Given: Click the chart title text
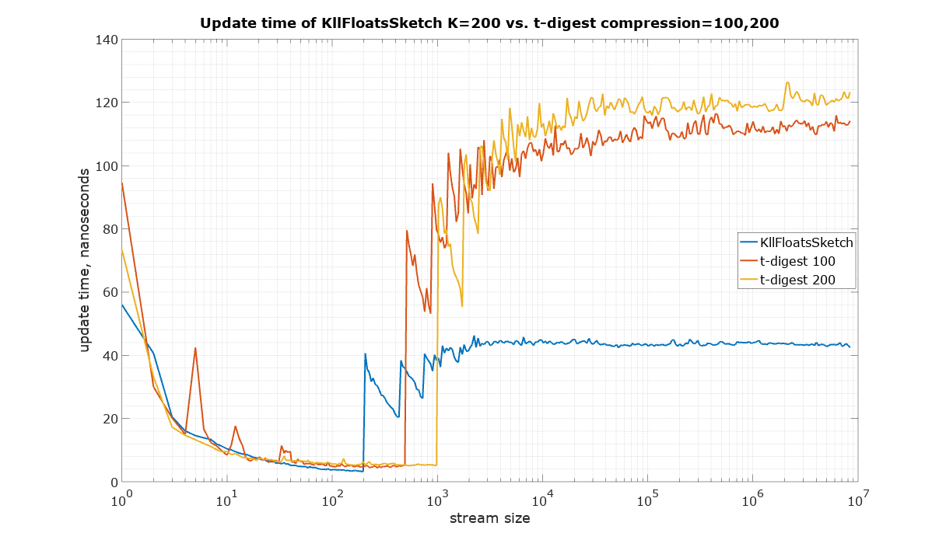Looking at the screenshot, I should click(489, 23).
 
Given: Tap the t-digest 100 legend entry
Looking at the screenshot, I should click(797, 261).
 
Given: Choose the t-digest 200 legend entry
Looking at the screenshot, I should click(797, 280).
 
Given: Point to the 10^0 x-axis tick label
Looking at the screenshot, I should click(122, 498).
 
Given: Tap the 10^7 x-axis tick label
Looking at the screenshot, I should click(858, 498).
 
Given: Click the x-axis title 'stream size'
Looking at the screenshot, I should click(489, 518).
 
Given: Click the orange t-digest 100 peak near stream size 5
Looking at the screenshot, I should click(195, 348).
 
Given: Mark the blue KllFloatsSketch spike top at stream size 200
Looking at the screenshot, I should click(365, 354).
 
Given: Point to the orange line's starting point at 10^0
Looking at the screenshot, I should click(122, 183).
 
